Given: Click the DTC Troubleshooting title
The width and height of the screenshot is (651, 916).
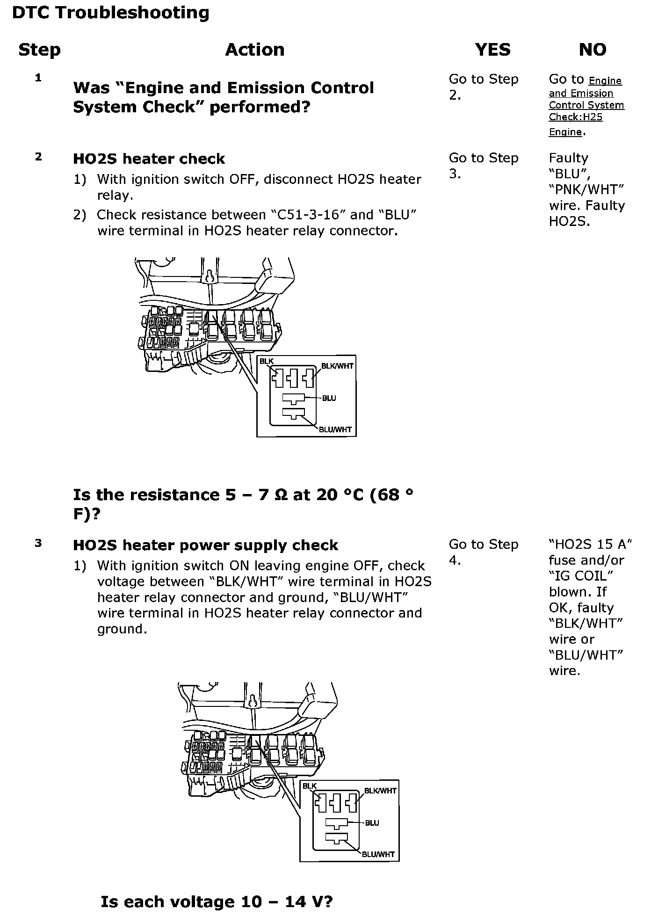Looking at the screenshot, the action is (x=110, y=13).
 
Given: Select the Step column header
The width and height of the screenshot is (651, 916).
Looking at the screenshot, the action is (x=39, y=50).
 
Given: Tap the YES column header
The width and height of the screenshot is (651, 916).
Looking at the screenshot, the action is (x=492, y=50).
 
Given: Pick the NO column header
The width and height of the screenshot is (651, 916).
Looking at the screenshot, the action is (x=592, y=50).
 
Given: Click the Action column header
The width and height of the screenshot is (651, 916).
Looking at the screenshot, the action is (x=254, y=50).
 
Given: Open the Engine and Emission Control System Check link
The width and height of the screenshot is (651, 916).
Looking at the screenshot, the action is (x=586, y=105).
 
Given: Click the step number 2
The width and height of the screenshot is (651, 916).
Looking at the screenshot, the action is (x=38, y=157).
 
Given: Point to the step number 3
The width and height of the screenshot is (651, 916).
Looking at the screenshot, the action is (x=38, y=543).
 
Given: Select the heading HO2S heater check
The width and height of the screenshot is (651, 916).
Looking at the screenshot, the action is (x=149, y=159).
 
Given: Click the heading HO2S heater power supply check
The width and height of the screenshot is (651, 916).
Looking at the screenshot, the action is (x=205, y=545).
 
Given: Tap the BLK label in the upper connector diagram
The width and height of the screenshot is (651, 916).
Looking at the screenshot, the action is (x=267, y=361).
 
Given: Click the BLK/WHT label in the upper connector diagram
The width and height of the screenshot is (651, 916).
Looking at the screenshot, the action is (x=337, y=366).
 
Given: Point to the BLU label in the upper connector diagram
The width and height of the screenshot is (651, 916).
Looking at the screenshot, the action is (x=329, y=398).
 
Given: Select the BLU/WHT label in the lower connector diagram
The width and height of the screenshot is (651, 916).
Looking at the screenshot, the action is (x=379, y=854).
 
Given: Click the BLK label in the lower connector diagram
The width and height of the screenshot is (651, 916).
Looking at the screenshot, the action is (x=310, y=786).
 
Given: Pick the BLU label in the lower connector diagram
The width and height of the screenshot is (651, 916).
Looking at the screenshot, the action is (x=372, y=823).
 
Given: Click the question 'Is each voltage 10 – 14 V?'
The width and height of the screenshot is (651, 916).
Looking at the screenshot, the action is (x=217, y=902).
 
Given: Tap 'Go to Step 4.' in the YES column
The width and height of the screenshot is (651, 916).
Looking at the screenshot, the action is (x=483, y=552).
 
